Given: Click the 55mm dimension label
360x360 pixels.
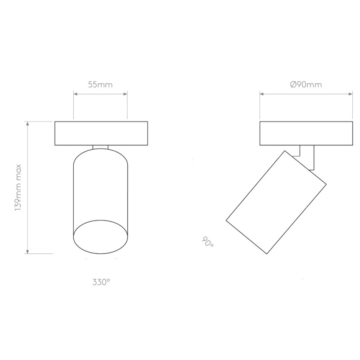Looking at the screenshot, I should pyautogui.click(x=100, y=84).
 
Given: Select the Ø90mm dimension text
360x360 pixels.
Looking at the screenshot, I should pyautogui.click(x=306, y=84).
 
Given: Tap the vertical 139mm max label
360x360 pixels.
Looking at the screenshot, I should pyautogui.click(x=18, y=187).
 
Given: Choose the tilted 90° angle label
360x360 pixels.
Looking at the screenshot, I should pyautogui.click(x=207, y=242).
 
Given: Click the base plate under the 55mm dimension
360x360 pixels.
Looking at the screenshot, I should pyautogui.click(x=101, y=134).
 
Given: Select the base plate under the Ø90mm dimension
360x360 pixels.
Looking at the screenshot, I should pyautogui.click(x=306, y=134).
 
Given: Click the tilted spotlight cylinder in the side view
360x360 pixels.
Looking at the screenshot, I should pyautogui.click(x=275, y=202).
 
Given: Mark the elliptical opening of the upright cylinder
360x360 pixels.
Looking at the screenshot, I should pyautogui.click(x=100, y=237).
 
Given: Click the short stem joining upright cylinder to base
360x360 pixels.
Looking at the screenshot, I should pyautogui.click(x=100, y=147).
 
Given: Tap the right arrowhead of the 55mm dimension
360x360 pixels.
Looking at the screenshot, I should pyautogui.click(x=126, y=94).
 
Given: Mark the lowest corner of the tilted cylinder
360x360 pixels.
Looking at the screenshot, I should pyautogui.click(x=267, y=254).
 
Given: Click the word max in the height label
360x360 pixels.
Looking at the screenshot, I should pyautogui.click(x=18, y=169).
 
